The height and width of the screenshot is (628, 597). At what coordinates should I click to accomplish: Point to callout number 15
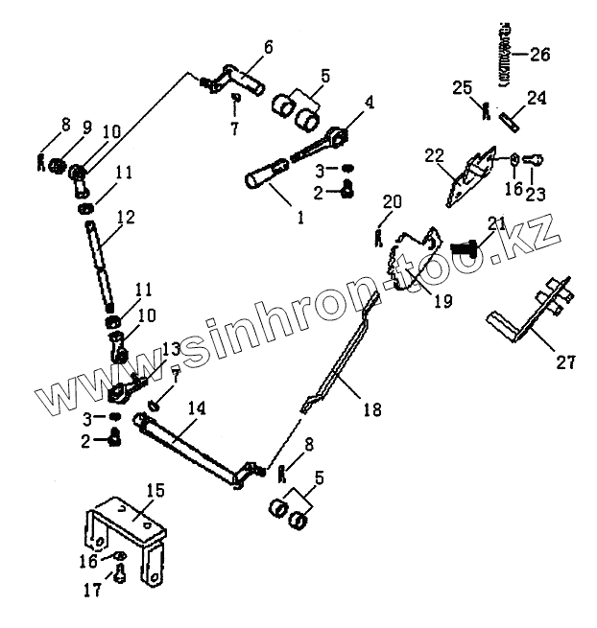[x=155, y=491]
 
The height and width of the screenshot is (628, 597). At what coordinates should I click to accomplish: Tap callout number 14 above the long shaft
[x=195, y=408]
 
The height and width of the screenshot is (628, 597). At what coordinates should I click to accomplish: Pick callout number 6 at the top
[x=267, y=46]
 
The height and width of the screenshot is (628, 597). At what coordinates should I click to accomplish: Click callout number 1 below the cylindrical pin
[x=299, y=218]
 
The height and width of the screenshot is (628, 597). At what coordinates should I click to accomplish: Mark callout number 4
[x=370, y=102]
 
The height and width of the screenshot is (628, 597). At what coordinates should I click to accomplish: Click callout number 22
[x=435, y=154]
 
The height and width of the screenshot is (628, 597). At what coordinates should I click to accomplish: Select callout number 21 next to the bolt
[x=496, y=223]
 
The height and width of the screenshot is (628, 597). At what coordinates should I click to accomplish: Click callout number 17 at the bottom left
[x=92, y=591]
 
